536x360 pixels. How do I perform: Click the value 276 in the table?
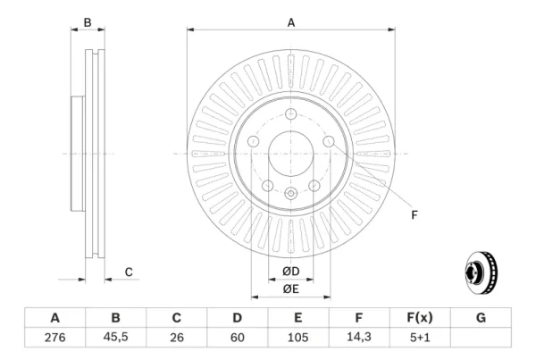tap(54, 338)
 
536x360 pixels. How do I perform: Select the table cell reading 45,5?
tap(115, 337)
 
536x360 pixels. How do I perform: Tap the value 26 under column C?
tap(176, 338)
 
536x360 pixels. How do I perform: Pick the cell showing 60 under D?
tap(238, 338)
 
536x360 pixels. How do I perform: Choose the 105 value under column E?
tap(298, 338)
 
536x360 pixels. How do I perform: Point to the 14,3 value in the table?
tap(359, 337)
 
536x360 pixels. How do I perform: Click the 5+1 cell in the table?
tap(420, 338)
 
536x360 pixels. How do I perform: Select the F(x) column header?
tap(420, 318)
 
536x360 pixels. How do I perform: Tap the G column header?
tap(481, 318)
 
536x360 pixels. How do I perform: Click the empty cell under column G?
tap(481, 338)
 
